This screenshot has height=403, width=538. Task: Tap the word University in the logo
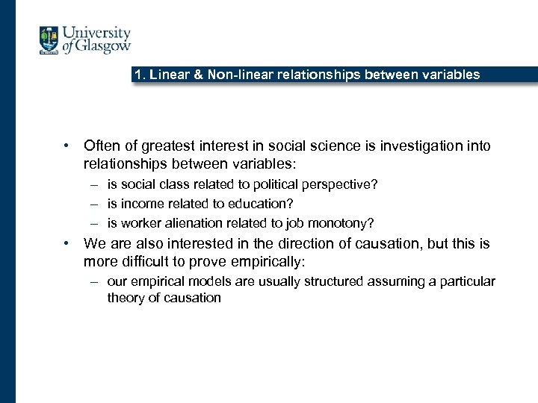96,34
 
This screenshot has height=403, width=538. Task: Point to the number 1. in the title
139,75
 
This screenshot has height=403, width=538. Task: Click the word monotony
341,223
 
